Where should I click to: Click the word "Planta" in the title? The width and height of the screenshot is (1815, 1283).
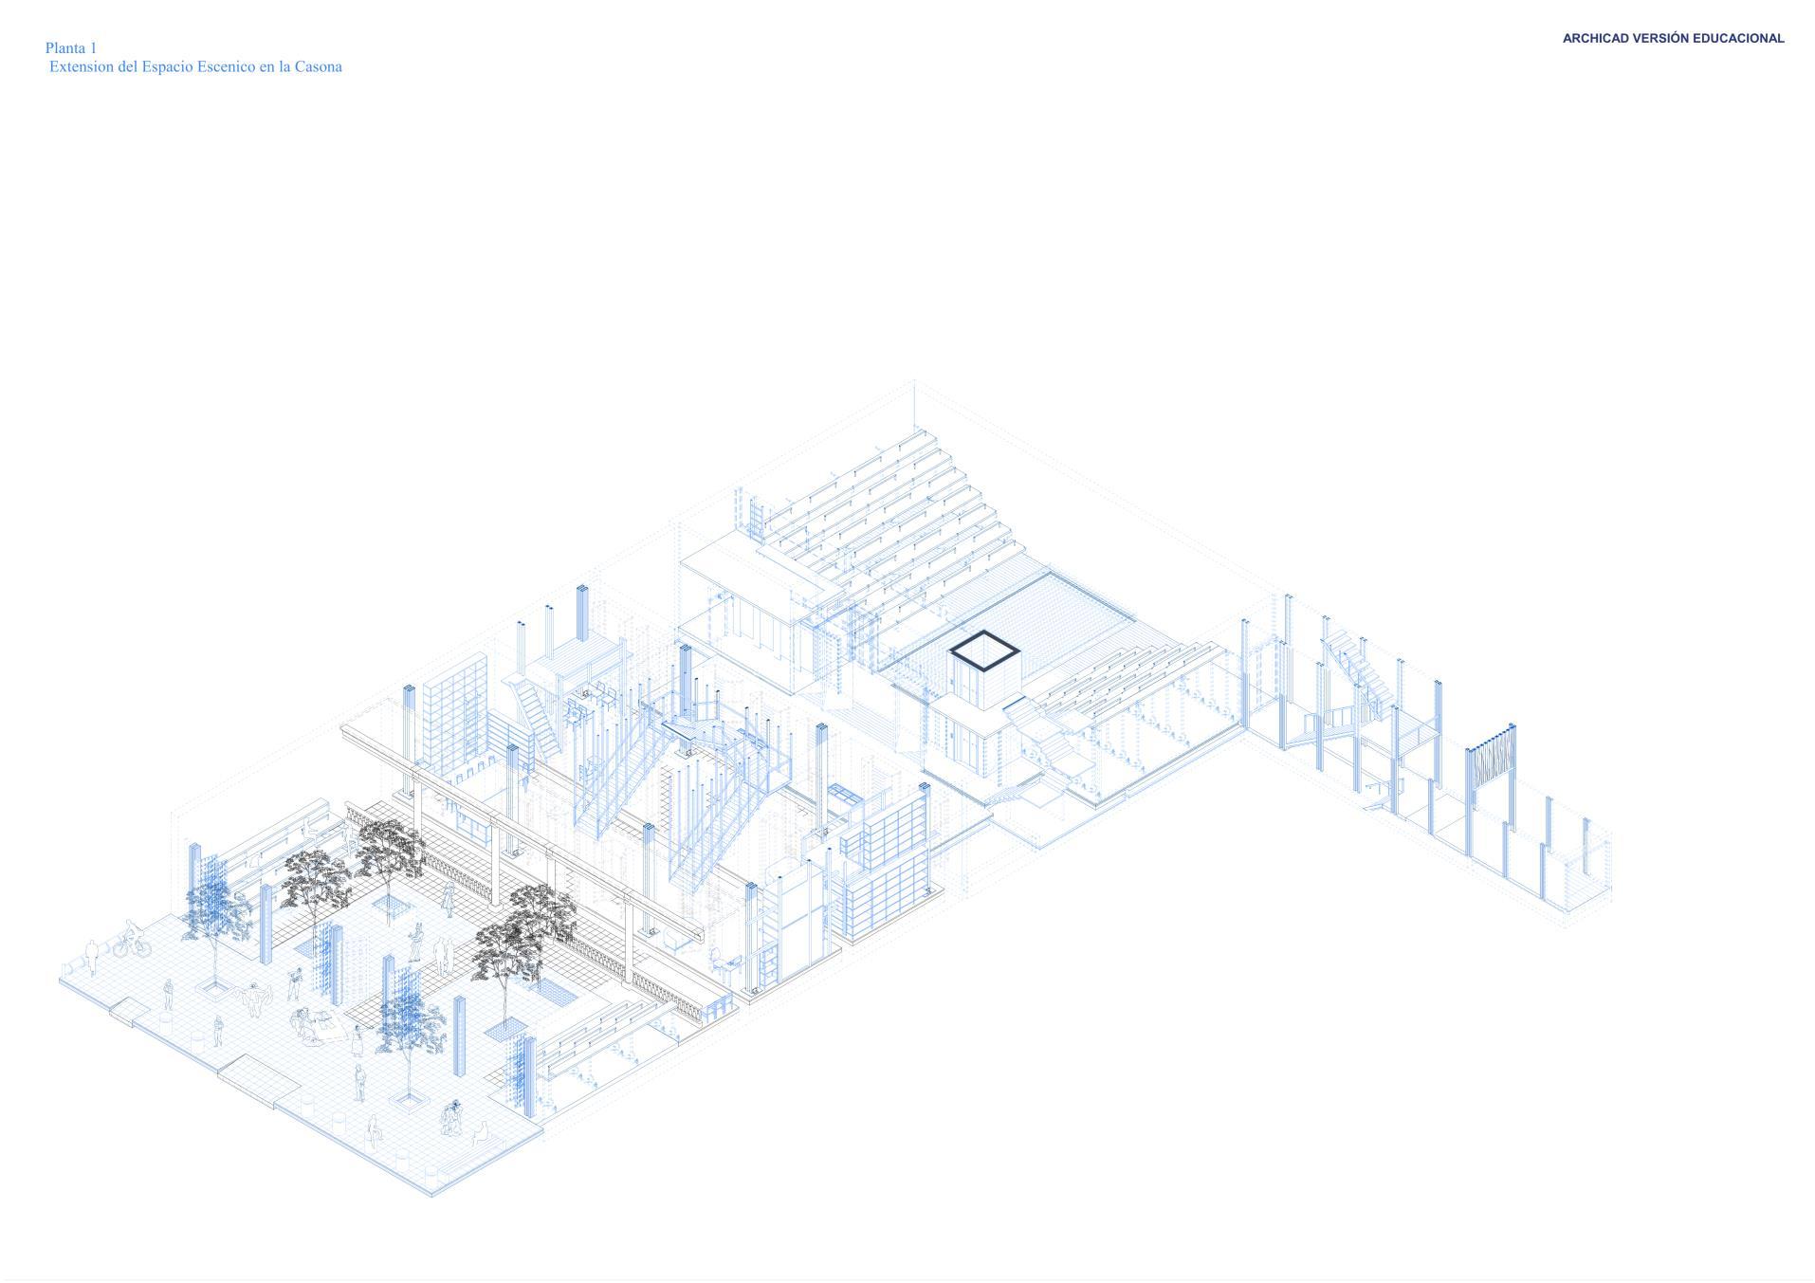[x=65, y=48]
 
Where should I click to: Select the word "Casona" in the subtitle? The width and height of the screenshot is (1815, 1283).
[x=318, y=67]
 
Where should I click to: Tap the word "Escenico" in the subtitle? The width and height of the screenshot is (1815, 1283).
[x=225, y=67]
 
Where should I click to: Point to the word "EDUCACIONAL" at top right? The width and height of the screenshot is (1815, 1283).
[x=1738, y=39]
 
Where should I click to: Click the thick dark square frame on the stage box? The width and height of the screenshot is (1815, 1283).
[x=984, y=651]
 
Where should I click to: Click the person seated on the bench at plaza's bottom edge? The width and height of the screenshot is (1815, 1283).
[x=482, y=1132]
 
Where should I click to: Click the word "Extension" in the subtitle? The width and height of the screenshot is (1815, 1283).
[x=82, y=67]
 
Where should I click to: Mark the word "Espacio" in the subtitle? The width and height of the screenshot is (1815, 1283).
[x=166, y=67]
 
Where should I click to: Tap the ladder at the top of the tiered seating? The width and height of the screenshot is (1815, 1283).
[x=757, y=518]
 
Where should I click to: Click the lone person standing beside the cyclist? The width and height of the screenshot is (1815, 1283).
[x=92, y=953]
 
